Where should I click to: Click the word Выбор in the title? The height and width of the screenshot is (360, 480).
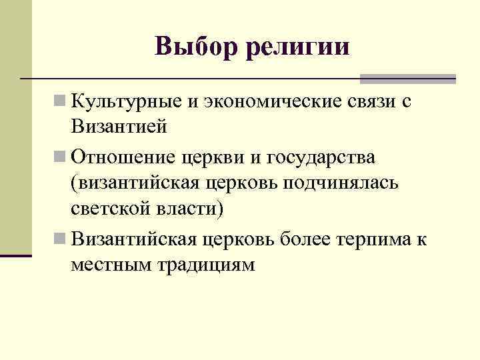(x=196, y=46)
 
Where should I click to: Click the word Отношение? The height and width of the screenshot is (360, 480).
(x=124, y=157)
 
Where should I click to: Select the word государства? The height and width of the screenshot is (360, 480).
(x=321, y=159)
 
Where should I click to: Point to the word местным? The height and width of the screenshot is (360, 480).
(x=111, y=263)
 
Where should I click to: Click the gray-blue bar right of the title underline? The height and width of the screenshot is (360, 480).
(x=407, y=79)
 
